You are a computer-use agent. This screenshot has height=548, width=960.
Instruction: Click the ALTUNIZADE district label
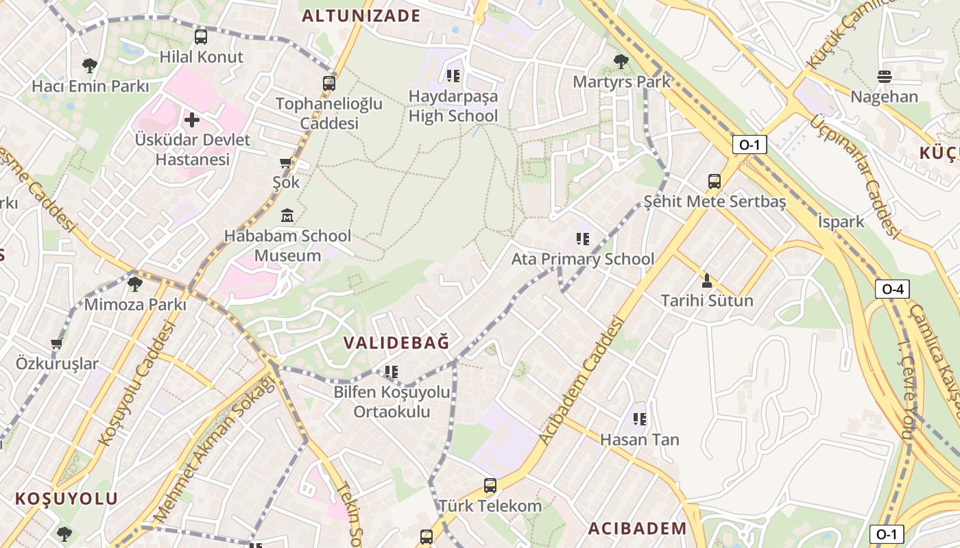(x=361, y=16)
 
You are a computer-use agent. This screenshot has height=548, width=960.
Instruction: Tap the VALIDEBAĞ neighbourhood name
(x=396, y=342)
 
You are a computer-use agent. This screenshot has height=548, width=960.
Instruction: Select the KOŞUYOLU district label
(x=67, y=499)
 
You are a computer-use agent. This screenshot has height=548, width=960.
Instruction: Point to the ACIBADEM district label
(x=637, y=528)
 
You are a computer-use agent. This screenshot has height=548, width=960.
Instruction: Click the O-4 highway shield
(x=891, y=289)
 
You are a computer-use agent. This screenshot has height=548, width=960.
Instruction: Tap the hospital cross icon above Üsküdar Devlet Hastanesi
(x=192, y=121)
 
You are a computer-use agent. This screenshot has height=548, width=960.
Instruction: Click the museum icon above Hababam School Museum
(x=287, y=216)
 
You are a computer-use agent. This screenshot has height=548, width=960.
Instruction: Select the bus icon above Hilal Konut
(x=201, y=37)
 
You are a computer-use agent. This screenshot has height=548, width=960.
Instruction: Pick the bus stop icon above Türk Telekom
(x=490, y=486)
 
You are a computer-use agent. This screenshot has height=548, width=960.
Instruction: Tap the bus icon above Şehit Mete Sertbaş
(x=715, y=182)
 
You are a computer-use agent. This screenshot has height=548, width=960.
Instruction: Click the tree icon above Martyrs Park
(x=621, y=62)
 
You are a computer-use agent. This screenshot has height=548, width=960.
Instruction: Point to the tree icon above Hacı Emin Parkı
(x=89, y=66)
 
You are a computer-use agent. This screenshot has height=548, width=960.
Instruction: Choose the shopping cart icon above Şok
(x=286, y=163)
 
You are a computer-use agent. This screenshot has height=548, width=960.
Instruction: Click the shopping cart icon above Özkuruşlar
(x=57, y=343)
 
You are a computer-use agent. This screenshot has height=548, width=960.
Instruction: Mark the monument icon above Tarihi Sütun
(x=707, y=280)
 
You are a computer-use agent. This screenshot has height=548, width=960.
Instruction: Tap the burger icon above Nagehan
(x=884, y=77)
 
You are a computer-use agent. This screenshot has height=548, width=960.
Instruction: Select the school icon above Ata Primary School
(x=583, y=239)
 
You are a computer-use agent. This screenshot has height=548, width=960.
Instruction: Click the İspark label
(x=841, y=222)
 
